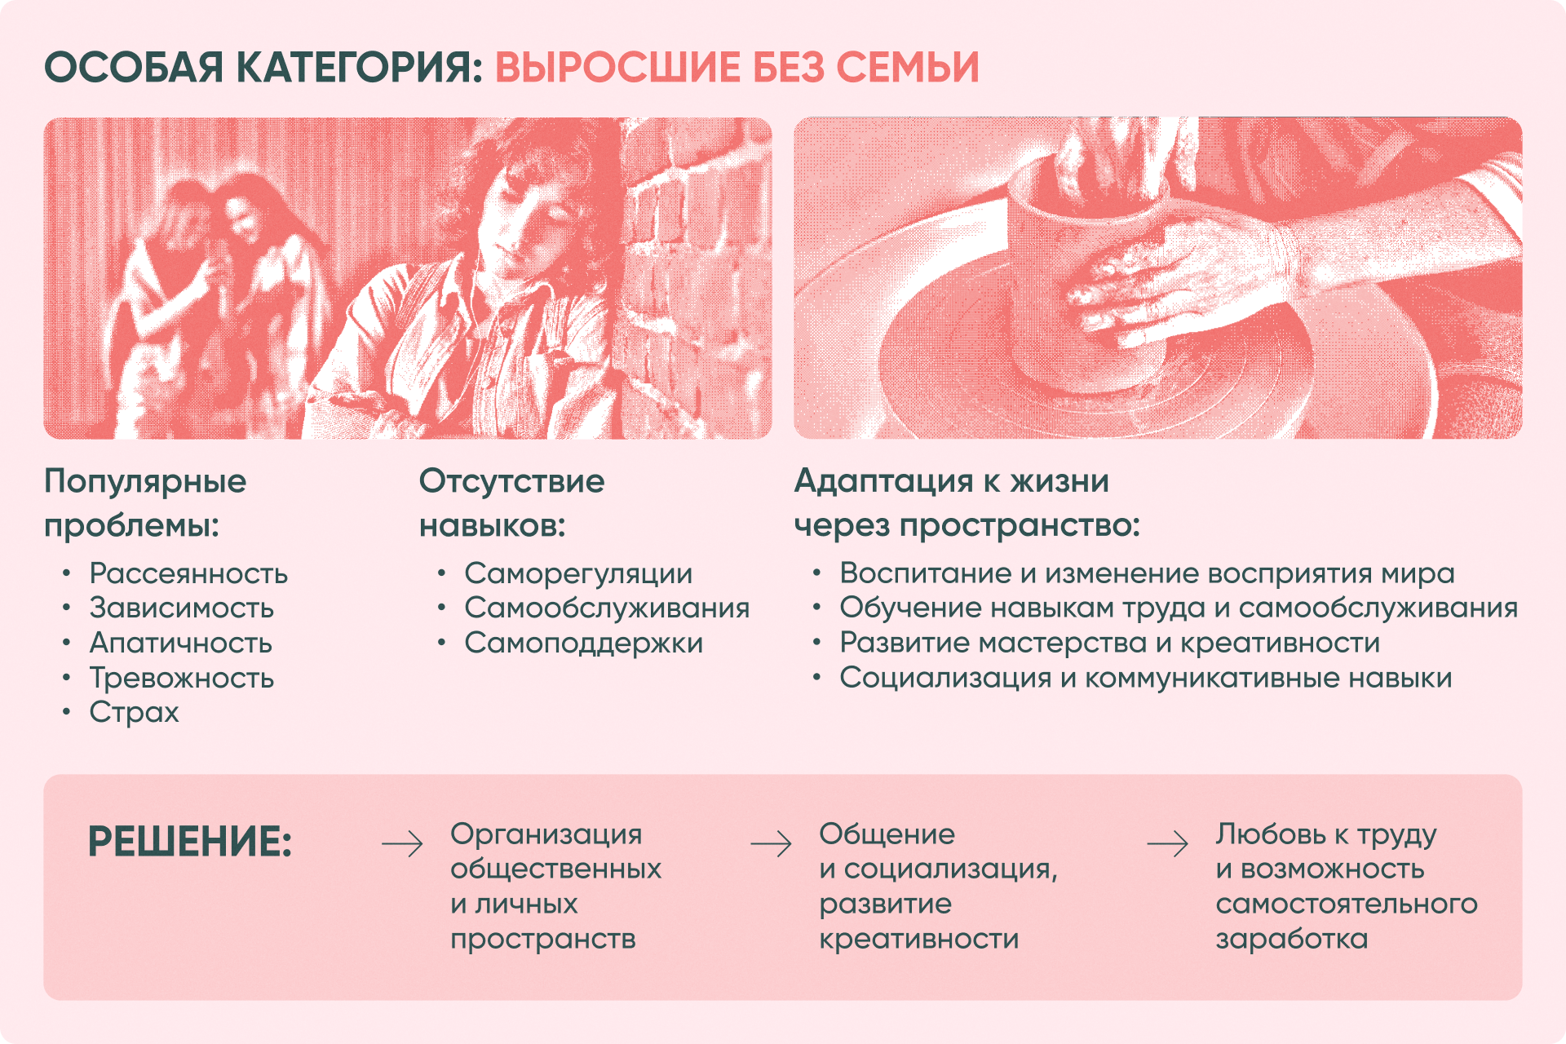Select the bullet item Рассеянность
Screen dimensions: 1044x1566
[x=188, y=573]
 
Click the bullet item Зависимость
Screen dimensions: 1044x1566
[x=181, y=608]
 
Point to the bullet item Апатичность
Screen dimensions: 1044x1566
[x=180, y=643]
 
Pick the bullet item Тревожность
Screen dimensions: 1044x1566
[x=181, y=678]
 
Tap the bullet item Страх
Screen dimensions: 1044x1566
[x=134, y=712]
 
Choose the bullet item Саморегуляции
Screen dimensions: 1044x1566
[x=578, y=573]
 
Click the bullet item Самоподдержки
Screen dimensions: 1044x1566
[x=583, y=643]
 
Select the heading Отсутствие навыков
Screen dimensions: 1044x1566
[x=511, y=503]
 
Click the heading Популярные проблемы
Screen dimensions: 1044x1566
[x=145, y=503]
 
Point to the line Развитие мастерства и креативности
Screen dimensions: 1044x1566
[x=1109, y=643]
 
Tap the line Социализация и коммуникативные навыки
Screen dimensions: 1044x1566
[x=1146, y=678]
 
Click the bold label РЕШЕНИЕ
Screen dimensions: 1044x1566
[x=189, y=843]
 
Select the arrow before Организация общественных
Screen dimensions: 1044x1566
[x=403, y=843]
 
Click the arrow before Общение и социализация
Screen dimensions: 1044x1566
[x=772, y=843]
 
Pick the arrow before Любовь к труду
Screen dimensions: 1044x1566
[x=1168, y=843]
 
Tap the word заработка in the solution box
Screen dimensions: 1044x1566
[x=1291, y=939]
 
